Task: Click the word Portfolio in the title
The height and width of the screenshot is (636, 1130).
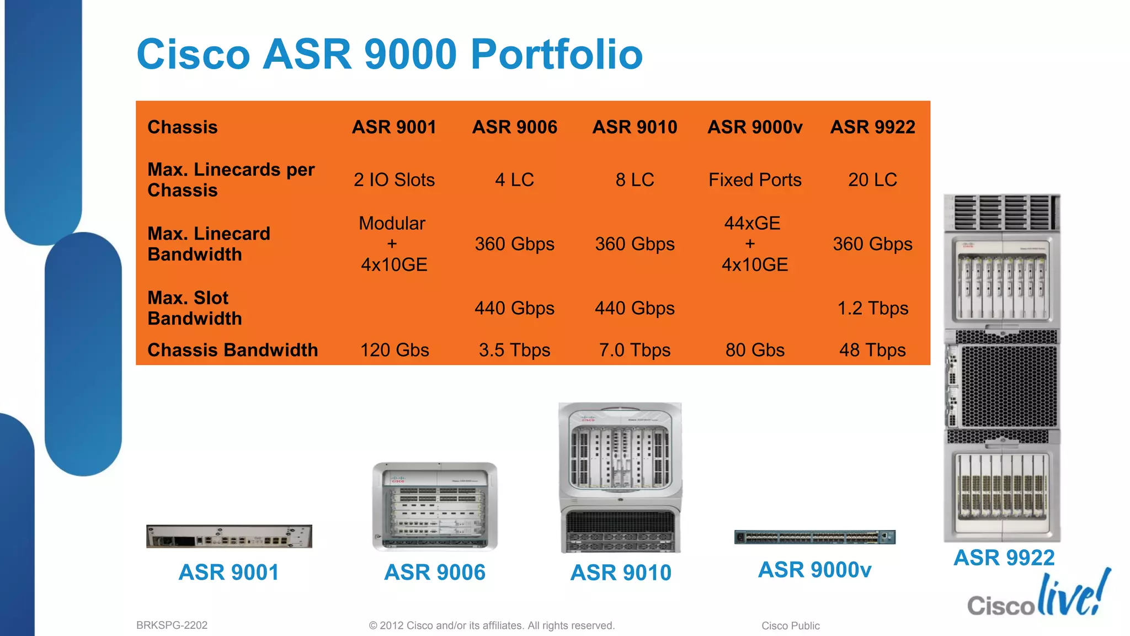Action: point(556,54)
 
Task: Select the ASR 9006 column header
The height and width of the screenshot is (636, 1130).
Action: point(514,127)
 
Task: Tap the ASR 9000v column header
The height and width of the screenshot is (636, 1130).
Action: point(754,127)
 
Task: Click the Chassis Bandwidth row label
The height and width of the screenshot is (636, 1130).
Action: point(232,350)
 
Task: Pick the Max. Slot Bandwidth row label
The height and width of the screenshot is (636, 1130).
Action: point(194,308)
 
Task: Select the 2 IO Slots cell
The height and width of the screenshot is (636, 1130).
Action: point(394,180)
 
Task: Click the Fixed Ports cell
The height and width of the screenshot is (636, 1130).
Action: point(754,180)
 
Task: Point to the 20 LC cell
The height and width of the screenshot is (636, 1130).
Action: point(872,180)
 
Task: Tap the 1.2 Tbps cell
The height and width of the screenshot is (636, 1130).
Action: point(872,308)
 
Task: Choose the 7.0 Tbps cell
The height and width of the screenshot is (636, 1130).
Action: point(635,350)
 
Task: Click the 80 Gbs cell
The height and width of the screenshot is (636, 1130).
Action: point(754,350)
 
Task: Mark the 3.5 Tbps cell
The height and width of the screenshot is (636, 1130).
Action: point(514,350)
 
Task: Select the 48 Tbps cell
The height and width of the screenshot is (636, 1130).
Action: point(872,350)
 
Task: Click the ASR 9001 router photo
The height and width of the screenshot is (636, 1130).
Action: point(229,536)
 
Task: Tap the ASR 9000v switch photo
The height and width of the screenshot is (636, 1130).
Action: point(814,537)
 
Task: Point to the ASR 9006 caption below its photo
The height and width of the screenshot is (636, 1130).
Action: point(435,573)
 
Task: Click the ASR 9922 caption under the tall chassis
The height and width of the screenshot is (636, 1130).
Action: point(1004,558)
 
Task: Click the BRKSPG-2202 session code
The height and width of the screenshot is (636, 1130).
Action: point(172,626)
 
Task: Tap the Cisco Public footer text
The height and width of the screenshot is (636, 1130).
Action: point(790,626)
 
